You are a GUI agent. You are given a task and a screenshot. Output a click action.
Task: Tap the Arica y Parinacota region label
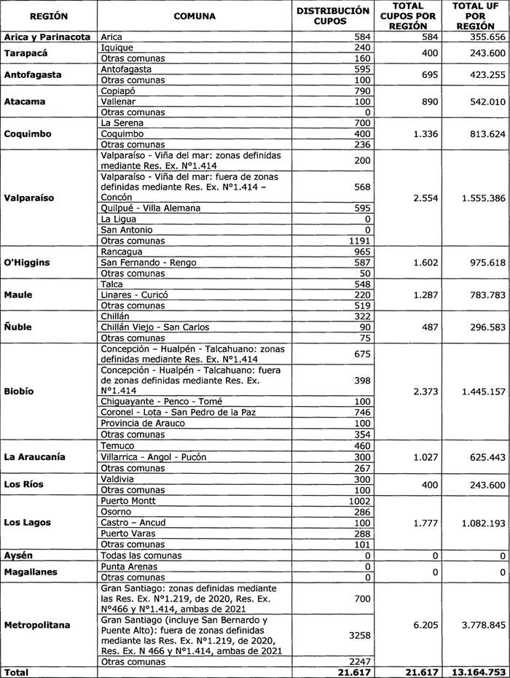click(47, 36)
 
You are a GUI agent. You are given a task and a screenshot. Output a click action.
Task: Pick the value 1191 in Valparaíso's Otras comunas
click(357, 241)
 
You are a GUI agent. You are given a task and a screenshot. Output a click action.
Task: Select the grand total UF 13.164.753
click(477, 671)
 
